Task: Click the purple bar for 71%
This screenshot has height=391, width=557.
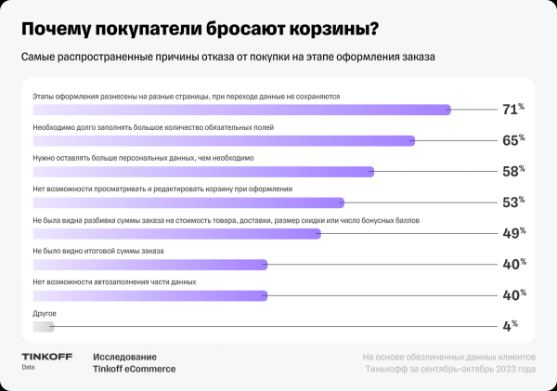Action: [241, 110]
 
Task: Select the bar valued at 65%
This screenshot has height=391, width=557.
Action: [223, 140]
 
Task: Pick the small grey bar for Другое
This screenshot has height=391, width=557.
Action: [44, 327]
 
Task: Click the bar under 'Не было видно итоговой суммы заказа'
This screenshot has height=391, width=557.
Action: [149, 265]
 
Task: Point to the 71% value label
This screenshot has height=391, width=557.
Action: [513, 110]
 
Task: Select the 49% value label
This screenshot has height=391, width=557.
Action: [513, 233]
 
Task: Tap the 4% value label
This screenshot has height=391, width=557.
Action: [510, 326]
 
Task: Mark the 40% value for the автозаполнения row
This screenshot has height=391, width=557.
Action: [513, 295]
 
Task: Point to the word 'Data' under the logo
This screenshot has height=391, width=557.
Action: [29, 368]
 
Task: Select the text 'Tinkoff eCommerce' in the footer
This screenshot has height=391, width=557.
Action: [134, 369]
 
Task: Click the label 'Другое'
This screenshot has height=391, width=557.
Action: [45, 314]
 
